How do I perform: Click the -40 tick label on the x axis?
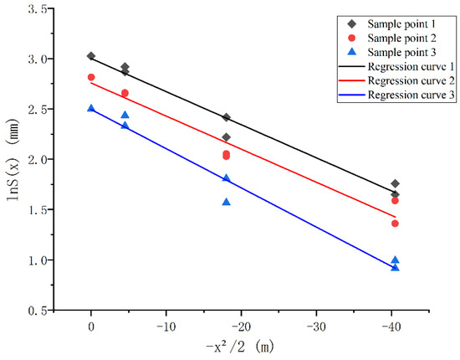tap(393, 324)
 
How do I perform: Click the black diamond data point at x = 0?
tap(91, 56)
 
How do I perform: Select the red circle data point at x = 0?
tap(91, 77)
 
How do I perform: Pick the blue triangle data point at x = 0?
tap(91, 108)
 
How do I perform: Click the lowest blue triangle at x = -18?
tap(227, 202)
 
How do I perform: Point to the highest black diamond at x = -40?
tap(395, 183)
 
